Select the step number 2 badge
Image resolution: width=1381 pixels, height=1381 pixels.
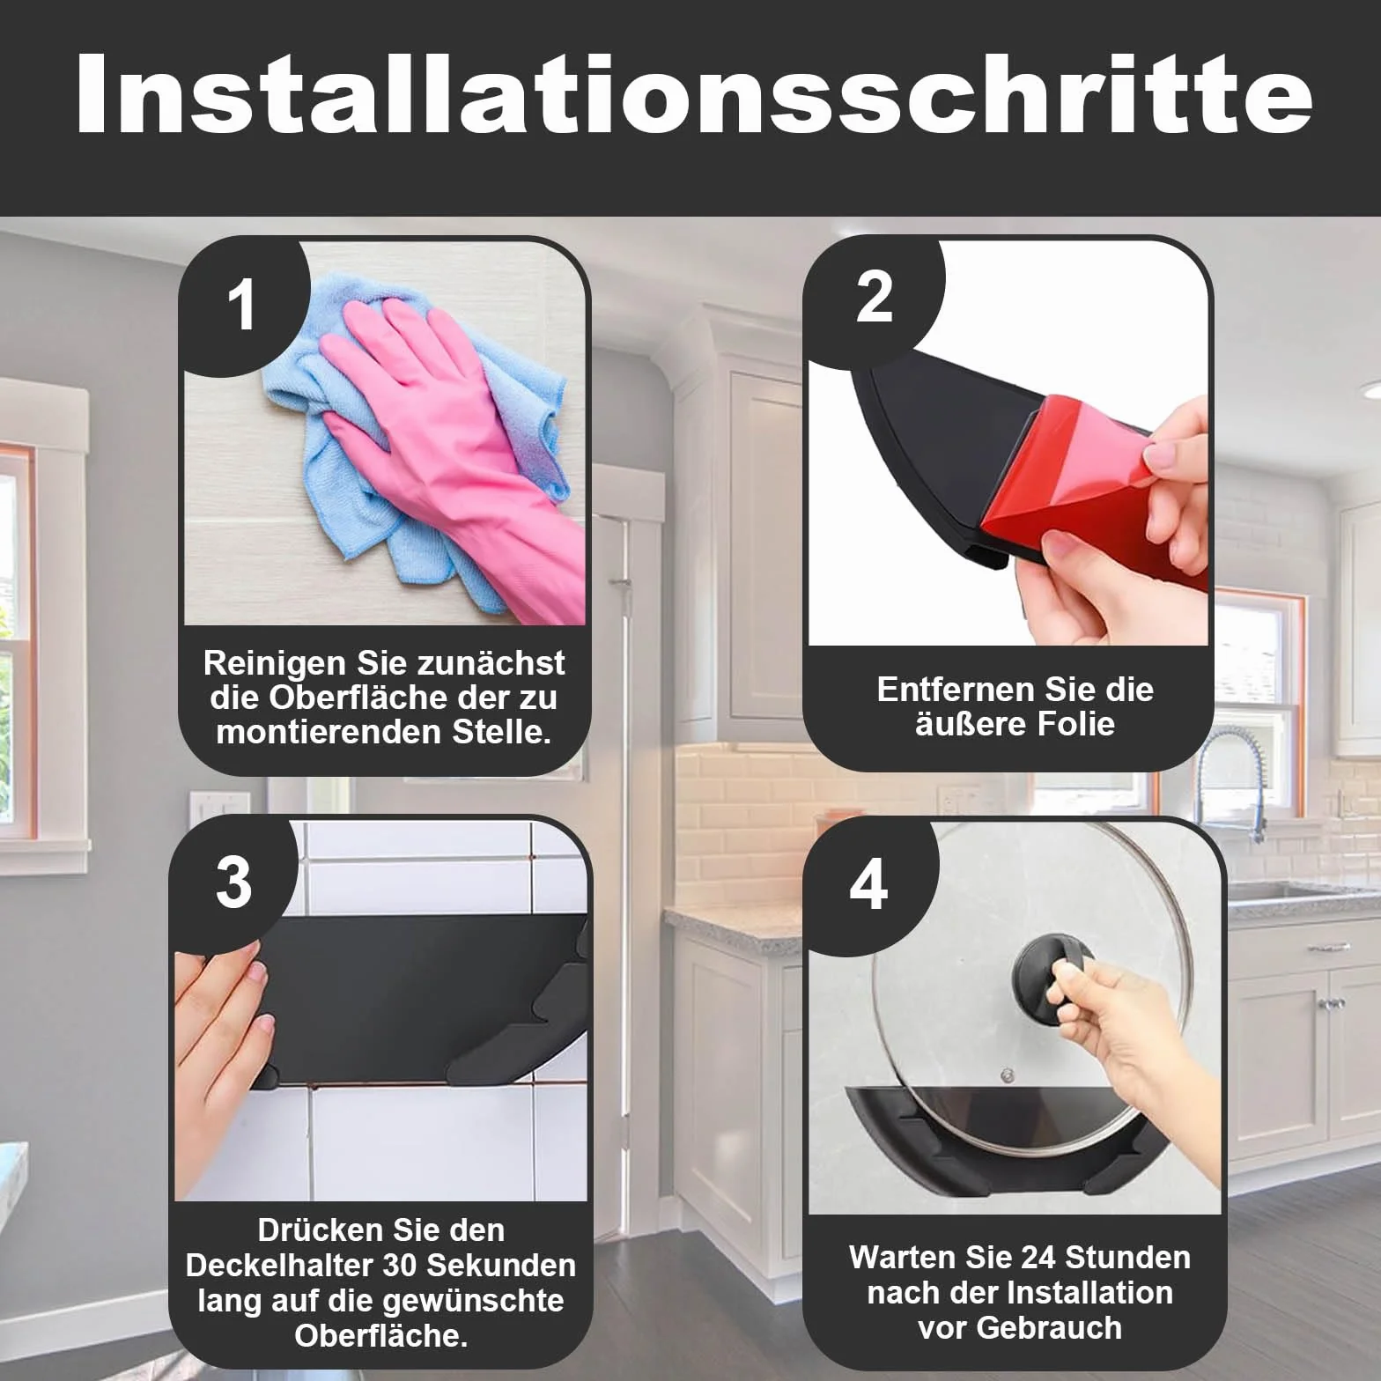[x=875, y=299]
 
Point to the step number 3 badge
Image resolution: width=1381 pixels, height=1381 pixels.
[x=234, y=883]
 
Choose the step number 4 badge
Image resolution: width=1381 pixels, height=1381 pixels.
[x=868, y=885]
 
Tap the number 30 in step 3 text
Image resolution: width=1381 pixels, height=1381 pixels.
[x=402, y=1266]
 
